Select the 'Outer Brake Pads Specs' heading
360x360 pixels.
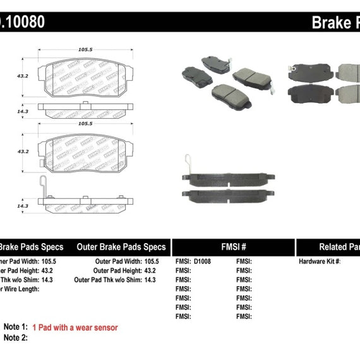pyautogui.click(x=121, y=247)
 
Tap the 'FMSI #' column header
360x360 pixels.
pyautogui.click(x=233, y=247)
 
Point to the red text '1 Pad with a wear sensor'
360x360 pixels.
pyautogui.click(x=83, y=327)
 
